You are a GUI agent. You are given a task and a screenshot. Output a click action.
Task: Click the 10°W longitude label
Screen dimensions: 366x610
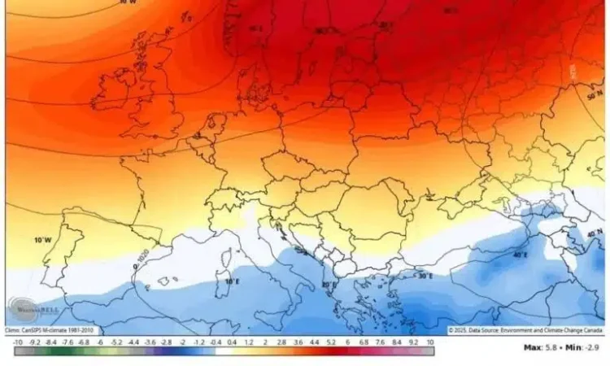[x=41, y=241]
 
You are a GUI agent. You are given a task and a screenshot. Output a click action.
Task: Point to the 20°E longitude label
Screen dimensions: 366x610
[x=329, y=285]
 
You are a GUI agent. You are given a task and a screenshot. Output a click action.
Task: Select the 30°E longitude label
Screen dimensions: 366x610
[x=424, y=276]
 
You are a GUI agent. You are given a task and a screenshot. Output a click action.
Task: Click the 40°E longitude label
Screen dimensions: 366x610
[x=521, y=255]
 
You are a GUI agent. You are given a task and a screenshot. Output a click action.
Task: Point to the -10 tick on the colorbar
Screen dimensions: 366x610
[x=18, y=342]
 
